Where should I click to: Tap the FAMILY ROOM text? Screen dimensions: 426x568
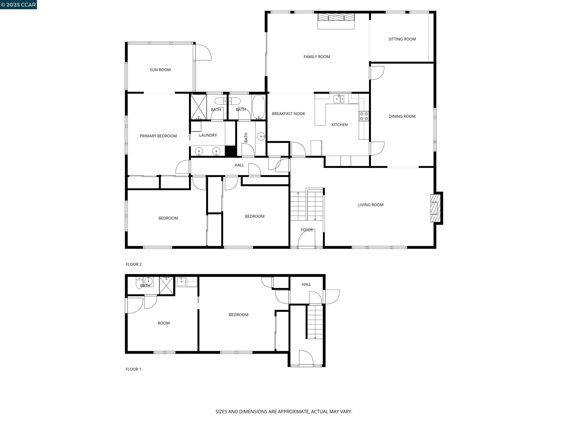[x=317, y=57]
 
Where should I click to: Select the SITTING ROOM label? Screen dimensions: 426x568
[x=402, y=39]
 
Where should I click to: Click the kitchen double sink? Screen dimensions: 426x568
[x=339, y=99]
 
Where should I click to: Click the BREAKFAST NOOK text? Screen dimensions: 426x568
[x=288, y=114]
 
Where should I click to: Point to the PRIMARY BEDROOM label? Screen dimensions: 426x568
[x=158, y=136]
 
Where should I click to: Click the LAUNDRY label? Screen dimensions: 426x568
[x=208, y=135]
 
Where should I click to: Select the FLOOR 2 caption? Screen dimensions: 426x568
[x=133, y=264]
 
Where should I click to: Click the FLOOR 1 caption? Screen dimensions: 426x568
[x=133, y=369]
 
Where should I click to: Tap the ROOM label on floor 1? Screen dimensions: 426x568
[x=164, y=323]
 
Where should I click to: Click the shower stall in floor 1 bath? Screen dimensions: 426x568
[x=166, y=285]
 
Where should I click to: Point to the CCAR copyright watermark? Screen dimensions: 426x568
[x=18, y=5]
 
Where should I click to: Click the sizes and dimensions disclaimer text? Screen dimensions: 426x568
[x=284, y=412]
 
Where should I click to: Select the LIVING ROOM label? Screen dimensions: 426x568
[x=371, y=205]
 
